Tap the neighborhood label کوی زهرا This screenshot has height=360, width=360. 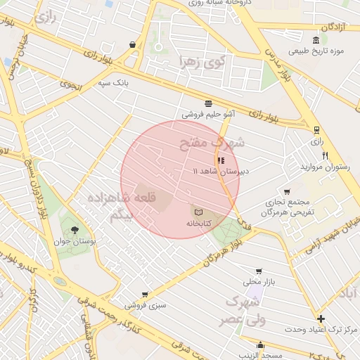tap(201, 62)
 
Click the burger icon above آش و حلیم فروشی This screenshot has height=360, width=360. tap(208, 102)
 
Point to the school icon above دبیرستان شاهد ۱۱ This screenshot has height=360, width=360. tap(221, 160)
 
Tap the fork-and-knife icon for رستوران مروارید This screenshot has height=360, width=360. tap(325, 155)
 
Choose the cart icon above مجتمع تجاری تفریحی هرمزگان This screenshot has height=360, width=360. tap(286, 191)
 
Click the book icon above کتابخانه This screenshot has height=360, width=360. tap(198, 212)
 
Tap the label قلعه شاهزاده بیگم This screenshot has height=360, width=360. tap(111, 207)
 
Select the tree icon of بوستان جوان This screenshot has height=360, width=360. tap(75, 229)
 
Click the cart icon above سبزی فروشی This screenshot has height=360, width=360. tap(145, 295)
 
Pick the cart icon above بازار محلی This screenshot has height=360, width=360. tap(259, 271)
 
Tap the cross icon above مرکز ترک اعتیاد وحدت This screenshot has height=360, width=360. tap(321, 319)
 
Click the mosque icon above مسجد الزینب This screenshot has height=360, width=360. tap(261, 345)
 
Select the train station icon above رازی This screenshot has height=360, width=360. tap(317, 130)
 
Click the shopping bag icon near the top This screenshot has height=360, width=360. tap(132, 44)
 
